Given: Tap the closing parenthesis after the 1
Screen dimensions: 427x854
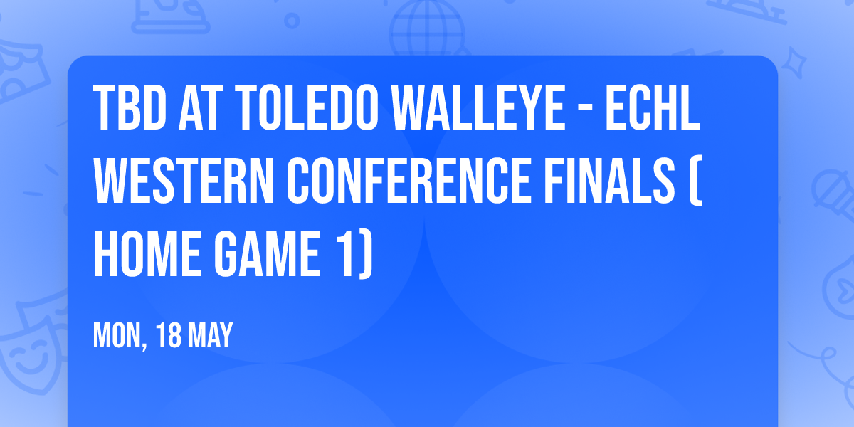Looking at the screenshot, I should (x=366, y=253).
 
